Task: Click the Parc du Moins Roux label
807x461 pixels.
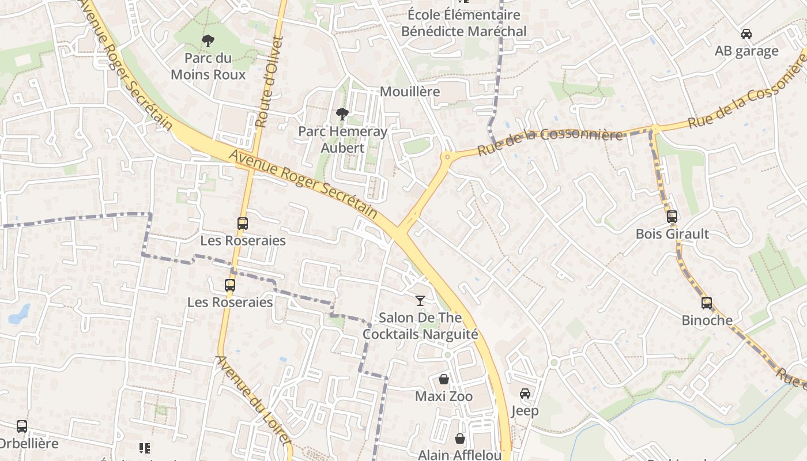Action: coord(208,66)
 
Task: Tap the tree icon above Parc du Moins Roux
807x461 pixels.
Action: coord(208,40)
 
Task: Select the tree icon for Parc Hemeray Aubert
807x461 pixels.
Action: coord(342,114)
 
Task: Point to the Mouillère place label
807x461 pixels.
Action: coord(410,92)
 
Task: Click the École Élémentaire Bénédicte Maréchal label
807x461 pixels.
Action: coord(463,23)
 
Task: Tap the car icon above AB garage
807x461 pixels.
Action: coord(746,34)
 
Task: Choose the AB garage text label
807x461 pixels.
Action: coord(746,51)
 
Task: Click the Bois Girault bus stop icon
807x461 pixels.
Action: coord(672,217)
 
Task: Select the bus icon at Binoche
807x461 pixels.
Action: coord(707,303)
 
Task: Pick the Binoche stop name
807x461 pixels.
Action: coord(707,320)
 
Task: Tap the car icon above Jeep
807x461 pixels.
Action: coord(525,393)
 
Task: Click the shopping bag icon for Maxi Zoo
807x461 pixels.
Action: coord(444,379)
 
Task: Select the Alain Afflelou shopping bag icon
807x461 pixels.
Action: coord(460,439)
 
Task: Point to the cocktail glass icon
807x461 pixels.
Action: coord(420,300)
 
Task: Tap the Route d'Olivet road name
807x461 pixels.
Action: coord(269,82)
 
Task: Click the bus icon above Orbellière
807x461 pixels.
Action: coord(22,426)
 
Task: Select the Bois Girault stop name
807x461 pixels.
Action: coord(672,234)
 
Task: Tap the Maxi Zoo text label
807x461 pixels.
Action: coord(444,396)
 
